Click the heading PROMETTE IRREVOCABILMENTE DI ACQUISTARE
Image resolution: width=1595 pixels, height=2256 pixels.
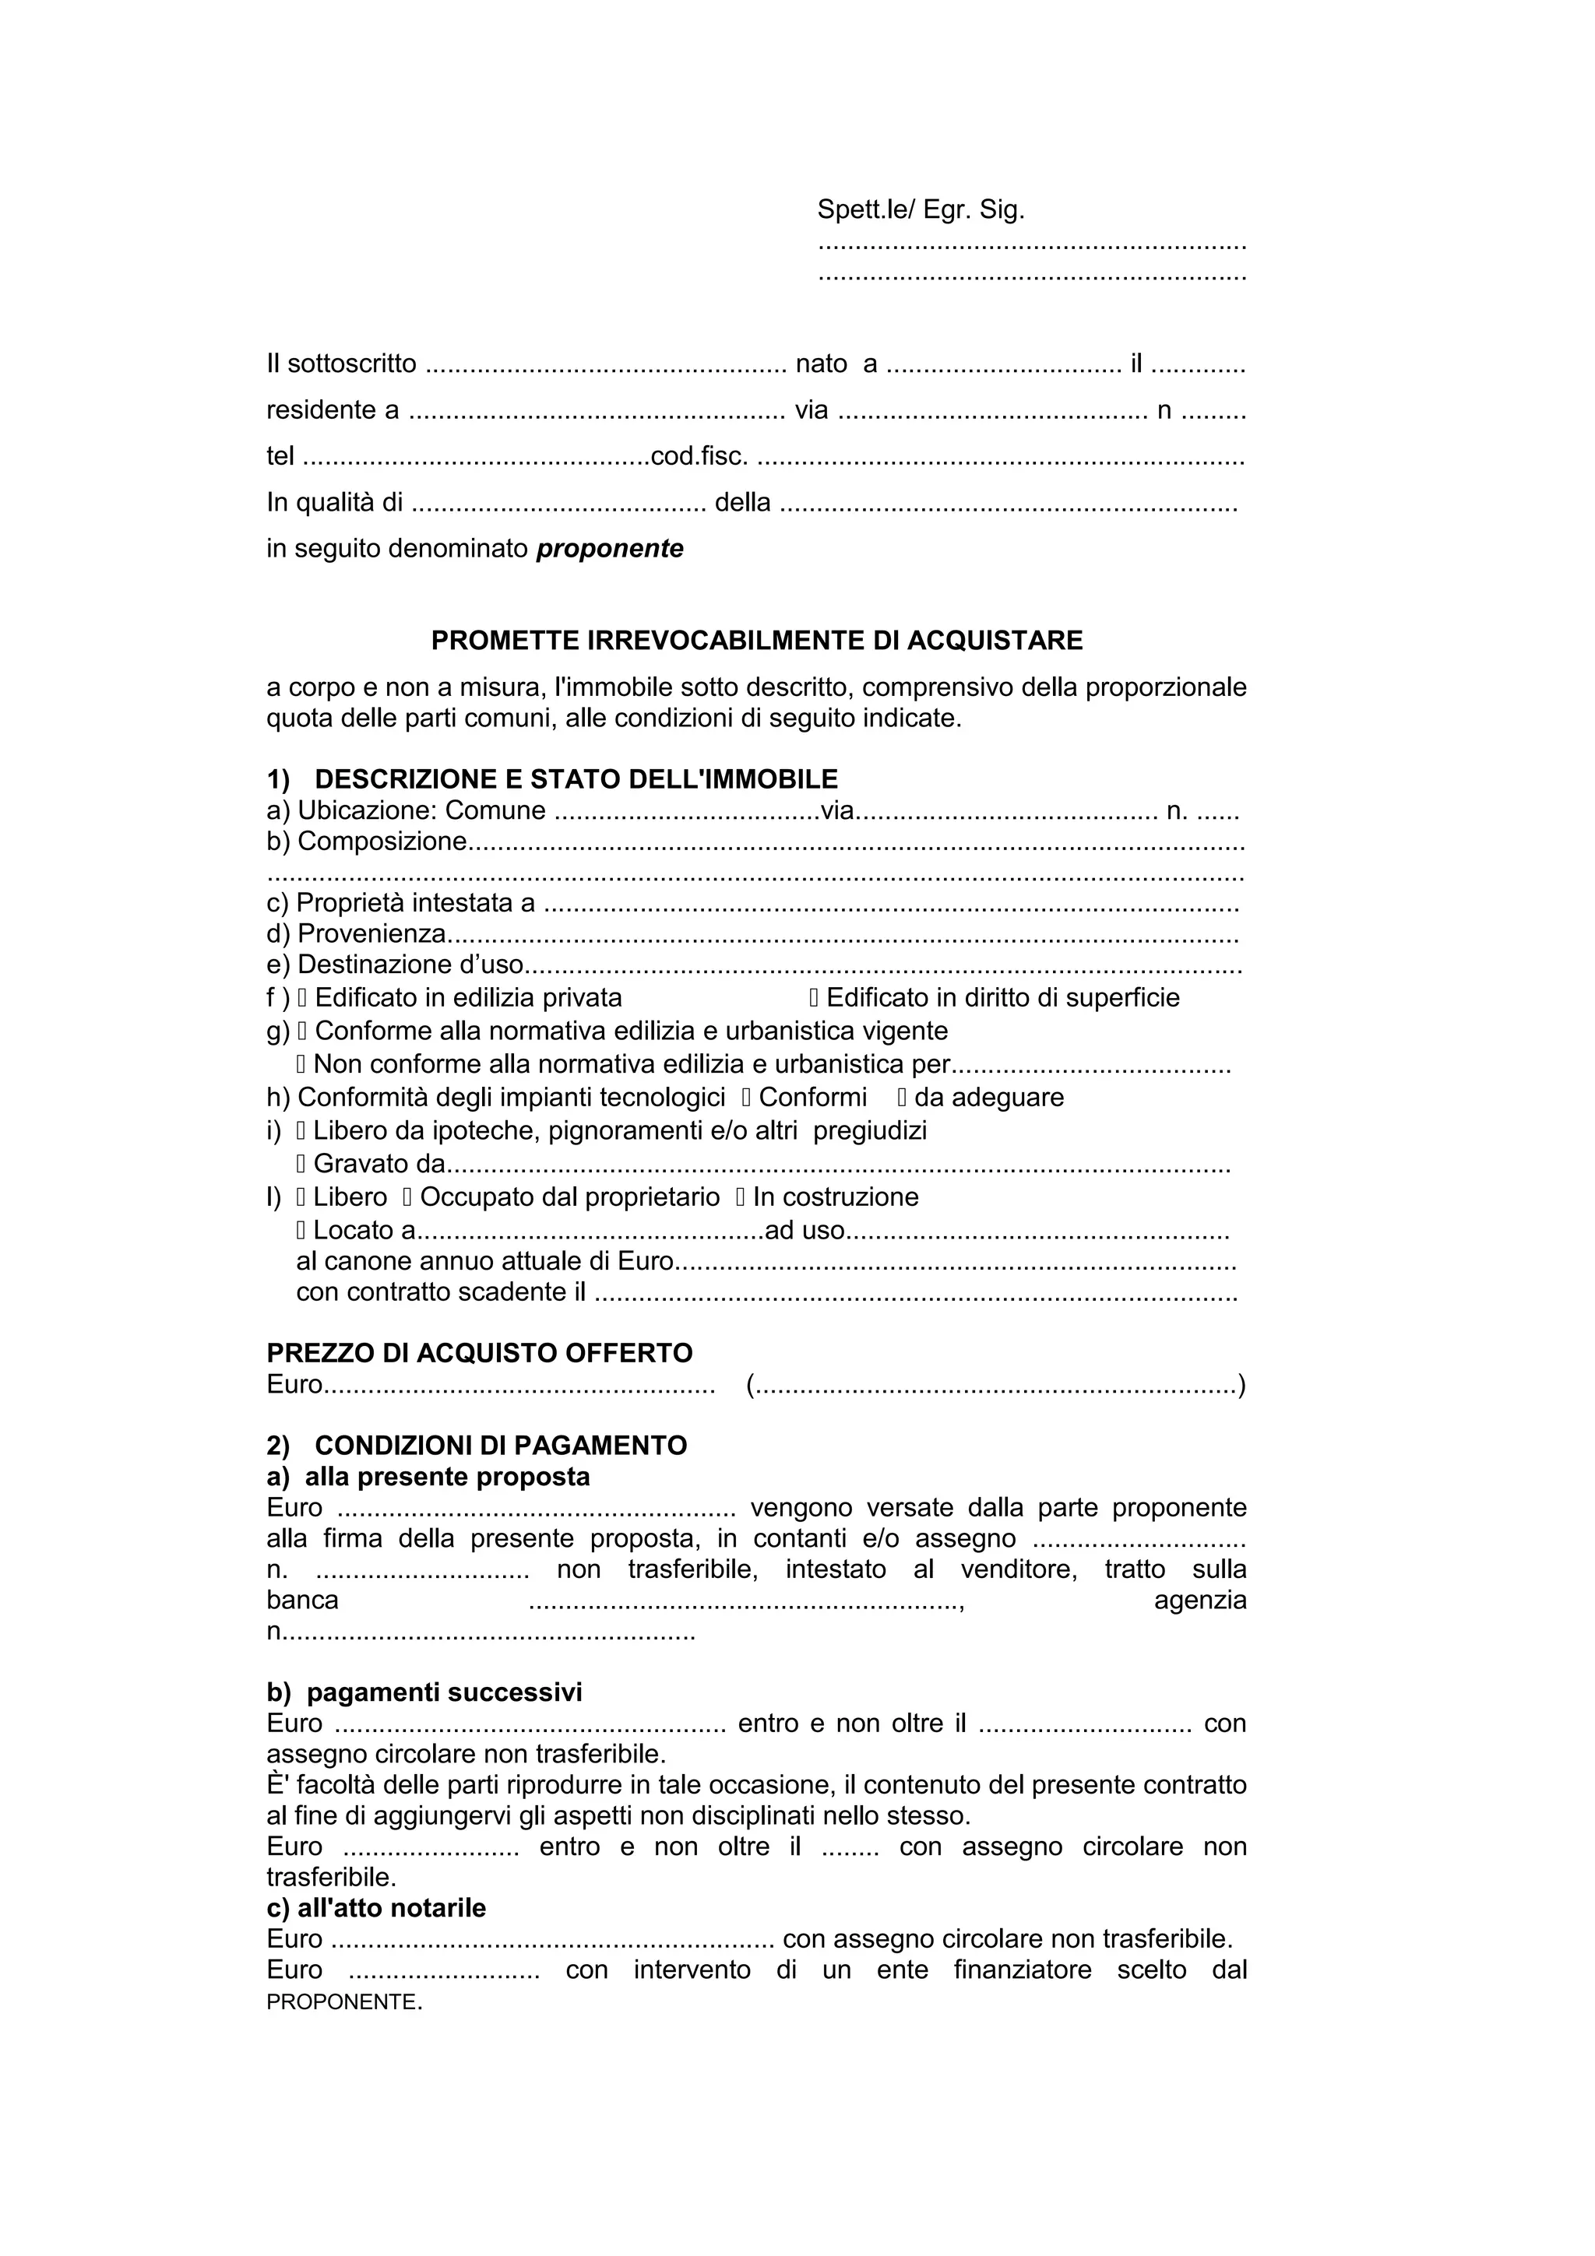click(757, 641)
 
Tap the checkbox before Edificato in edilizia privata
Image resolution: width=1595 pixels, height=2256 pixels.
click(303, 998)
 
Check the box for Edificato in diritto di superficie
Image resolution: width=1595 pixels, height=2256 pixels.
click(814, 998)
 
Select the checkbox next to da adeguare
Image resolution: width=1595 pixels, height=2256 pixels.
click(902, 1098)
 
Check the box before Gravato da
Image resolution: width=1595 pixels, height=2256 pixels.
click(301, 1165)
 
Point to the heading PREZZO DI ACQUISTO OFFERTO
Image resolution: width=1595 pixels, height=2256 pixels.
click(480, 1353)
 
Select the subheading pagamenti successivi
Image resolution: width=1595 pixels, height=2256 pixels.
click(443, 1692)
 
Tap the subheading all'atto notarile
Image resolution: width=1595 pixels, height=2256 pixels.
click(391, 1907)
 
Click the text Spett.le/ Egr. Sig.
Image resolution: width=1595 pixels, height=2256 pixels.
click(921, 209)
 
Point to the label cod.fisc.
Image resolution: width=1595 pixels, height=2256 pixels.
click(699, 456)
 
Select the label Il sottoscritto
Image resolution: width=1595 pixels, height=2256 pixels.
click(342, 364)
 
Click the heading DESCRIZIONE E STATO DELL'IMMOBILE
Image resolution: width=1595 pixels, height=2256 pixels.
click(576, 779)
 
